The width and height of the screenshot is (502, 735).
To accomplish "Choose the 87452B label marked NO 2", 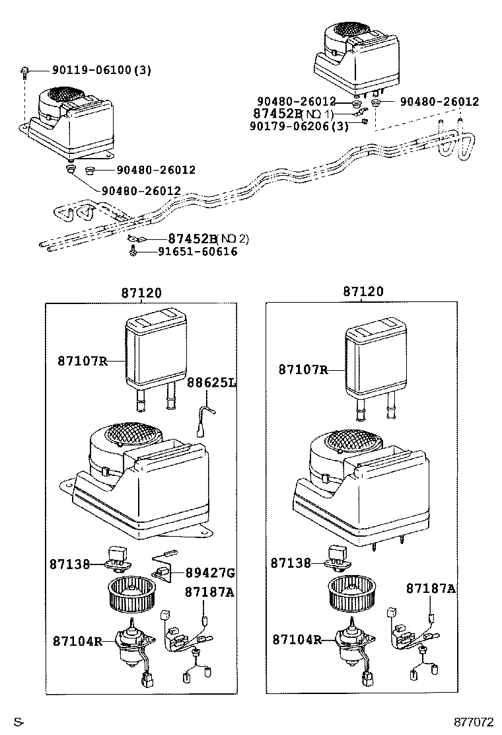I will coord(208,239).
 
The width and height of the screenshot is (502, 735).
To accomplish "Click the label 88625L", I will coord(211,383).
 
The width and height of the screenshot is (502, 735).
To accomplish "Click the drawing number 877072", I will coord(472,722).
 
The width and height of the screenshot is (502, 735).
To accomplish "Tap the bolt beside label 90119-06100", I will coord(24,71).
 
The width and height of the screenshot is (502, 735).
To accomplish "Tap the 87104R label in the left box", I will coord(77,640).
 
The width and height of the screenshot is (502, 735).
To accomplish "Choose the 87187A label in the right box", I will coord(431,588).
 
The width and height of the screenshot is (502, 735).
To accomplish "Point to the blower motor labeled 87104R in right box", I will coord(352,644).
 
